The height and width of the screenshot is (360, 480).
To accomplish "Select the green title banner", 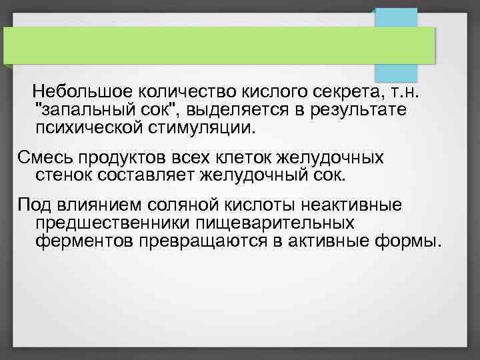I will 220,45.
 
